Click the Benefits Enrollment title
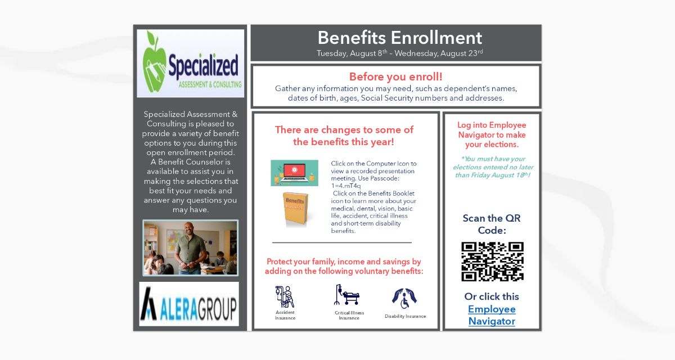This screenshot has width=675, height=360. (399, 38)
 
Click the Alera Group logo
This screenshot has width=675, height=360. (189, 304)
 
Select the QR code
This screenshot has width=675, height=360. (492, 262)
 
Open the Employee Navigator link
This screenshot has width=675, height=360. (492, 315)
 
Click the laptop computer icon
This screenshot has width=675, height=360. (294, 173)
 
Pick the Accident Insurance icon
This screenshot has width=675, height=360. (285, 297)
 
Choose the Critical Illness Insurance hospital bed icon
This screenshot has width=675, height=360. (348, 296)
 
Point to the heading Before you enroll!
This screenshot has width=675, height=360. (395, 77)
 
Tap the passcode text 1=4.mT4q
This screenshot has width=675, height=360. (346, 186)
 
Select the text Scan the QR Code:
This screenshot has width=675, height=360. (492, 224)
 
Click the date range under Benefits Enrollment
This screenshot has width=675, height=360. (399, 53)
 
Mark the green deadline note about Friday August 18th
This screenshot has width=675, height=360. (493, 167)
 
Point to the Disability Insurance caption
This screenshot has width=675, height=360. (405, 316)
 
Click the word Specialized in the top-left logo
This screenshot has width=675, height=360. (203, 66)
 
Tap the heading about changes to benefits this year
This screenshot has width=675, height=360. (344, 136)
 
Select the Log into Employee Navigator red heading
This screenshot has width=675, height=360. (492, 135)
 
